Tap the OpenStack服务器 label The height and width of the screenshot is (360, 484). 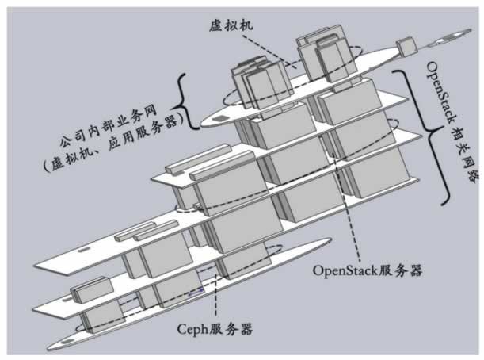[366, 270]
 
